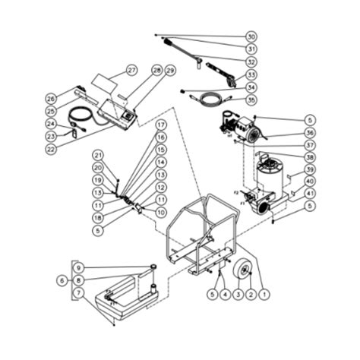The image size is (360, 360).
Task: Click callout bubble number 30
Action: tap(251, 36)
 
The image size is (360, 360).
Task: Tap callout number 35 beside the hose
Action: tap(251, 99)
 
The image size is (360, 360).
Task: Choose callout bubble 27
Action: tap(131, 70)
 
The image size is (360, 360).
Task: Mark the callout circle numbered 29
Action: tap(169, 70)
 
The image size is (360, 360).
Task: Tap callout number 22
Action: tap(51, 149)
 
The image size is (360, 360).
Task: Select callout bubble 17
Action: tap(161, 124)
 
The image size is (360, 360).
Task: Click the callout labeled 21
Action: tap(98, 155)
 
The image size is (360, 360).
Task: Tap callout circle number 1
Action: tap(264, 292)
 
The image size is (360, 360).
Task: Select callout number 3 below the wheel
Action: tap(238, 292)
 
